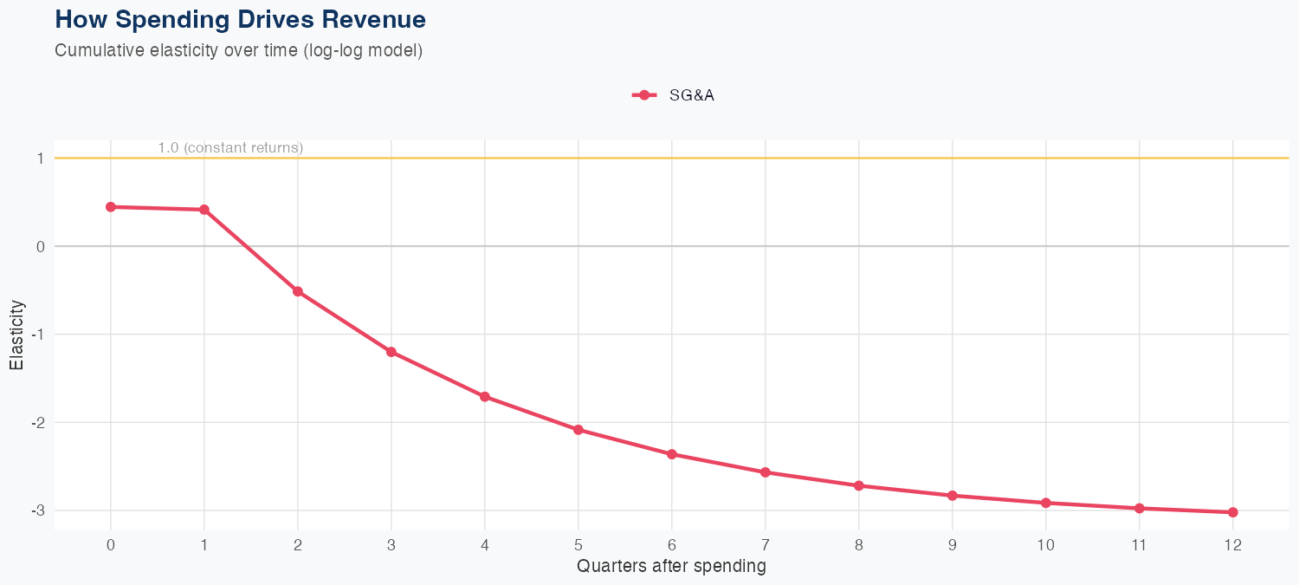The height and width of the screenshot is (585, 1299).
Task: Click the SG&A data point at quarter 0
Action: point(111,207)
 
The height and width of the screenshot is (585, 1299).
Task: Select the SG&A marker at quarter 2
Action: point(298,291)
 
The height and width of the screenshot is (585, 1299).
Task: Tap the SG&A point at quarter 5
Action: point(578,430)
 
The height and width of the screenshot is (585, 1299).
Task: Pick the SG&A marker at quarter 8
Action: point(859,485)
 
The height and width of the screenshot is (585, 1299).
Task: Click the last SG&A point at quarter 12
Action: point(1233,512)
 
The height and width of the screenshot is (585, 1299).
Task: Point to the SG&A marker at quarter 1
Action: point(204,210)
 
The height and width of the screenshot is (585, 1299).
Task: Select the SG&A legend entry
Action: point(674,95)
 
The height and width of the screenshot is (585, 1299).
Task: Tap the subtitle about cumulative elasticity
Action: point(238,50)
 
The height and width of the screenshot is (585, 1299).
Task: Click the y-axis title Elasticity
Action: point(16,335)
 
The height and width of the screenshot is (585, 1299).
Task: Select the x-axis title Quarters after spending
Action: point(671,567)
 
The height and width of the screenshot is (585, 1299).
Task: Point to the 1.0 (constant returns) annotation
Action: point(230,148)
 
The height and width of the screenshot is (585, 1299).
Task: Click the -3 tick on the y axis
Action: point(38,510)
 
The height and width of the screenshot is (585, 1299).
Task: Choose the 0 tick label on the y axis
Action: point(40,246)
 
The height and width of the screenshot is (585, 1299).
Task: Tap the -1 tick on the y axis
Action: point(38,335)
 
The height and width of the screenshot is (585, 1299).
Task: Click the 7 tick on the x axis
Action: point(766,545)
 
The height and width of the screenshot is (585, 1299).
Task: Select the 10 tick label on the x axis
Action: point(1046,545)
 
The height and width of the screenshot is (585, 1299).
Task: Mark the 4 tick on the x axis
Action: point(485,545)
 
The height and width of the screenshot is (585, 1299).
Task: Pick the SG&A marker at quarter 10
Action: point(1046,503)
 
